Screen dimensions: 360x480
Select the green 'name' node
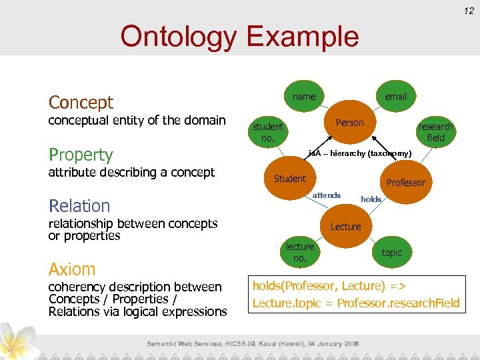click(x=304, y=97)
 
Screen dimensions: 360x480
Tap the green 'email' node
click(x=395, y=97)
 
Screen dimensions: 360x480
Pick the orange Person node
click(x=349, y=123)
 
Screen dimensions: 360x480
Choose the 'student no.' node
click(x=267, y=132)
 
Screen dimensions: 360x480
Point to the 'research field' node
click(x=435, y=132)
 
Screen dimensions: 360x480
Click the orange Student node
click(x=290, y=179)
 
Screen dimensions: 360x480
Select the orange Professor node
click(x=405, y=183)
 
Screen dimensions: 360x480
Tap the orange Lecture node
click(x=345, y=227)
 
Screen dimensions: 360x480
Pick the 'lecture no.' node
click(x=300, y=252)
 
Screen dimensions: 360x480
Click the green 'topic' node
click(x=391, y=253)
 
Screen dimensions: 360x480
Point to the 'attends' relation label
click(x=326, y=195)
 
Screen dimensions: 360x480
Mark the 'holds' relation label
click(x=371, y=199)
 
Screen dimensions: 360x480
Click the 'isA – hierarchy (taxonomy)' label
click(x=359, y=154)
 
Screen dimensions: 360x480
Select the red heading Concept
click(x=81, y=103)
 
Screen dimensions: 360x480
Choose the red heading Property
click(x=81, y=155)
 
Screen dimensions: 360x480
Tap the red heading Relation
click(x=79, y=206)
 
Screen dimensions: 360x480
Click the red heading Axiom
click(x=72, y=269)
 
